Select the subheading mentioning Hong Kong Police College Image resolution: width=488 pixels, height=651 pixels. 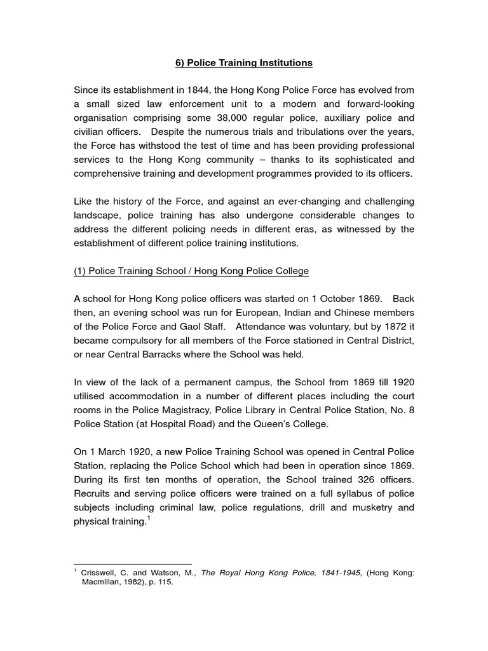(x=191, y=271)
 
